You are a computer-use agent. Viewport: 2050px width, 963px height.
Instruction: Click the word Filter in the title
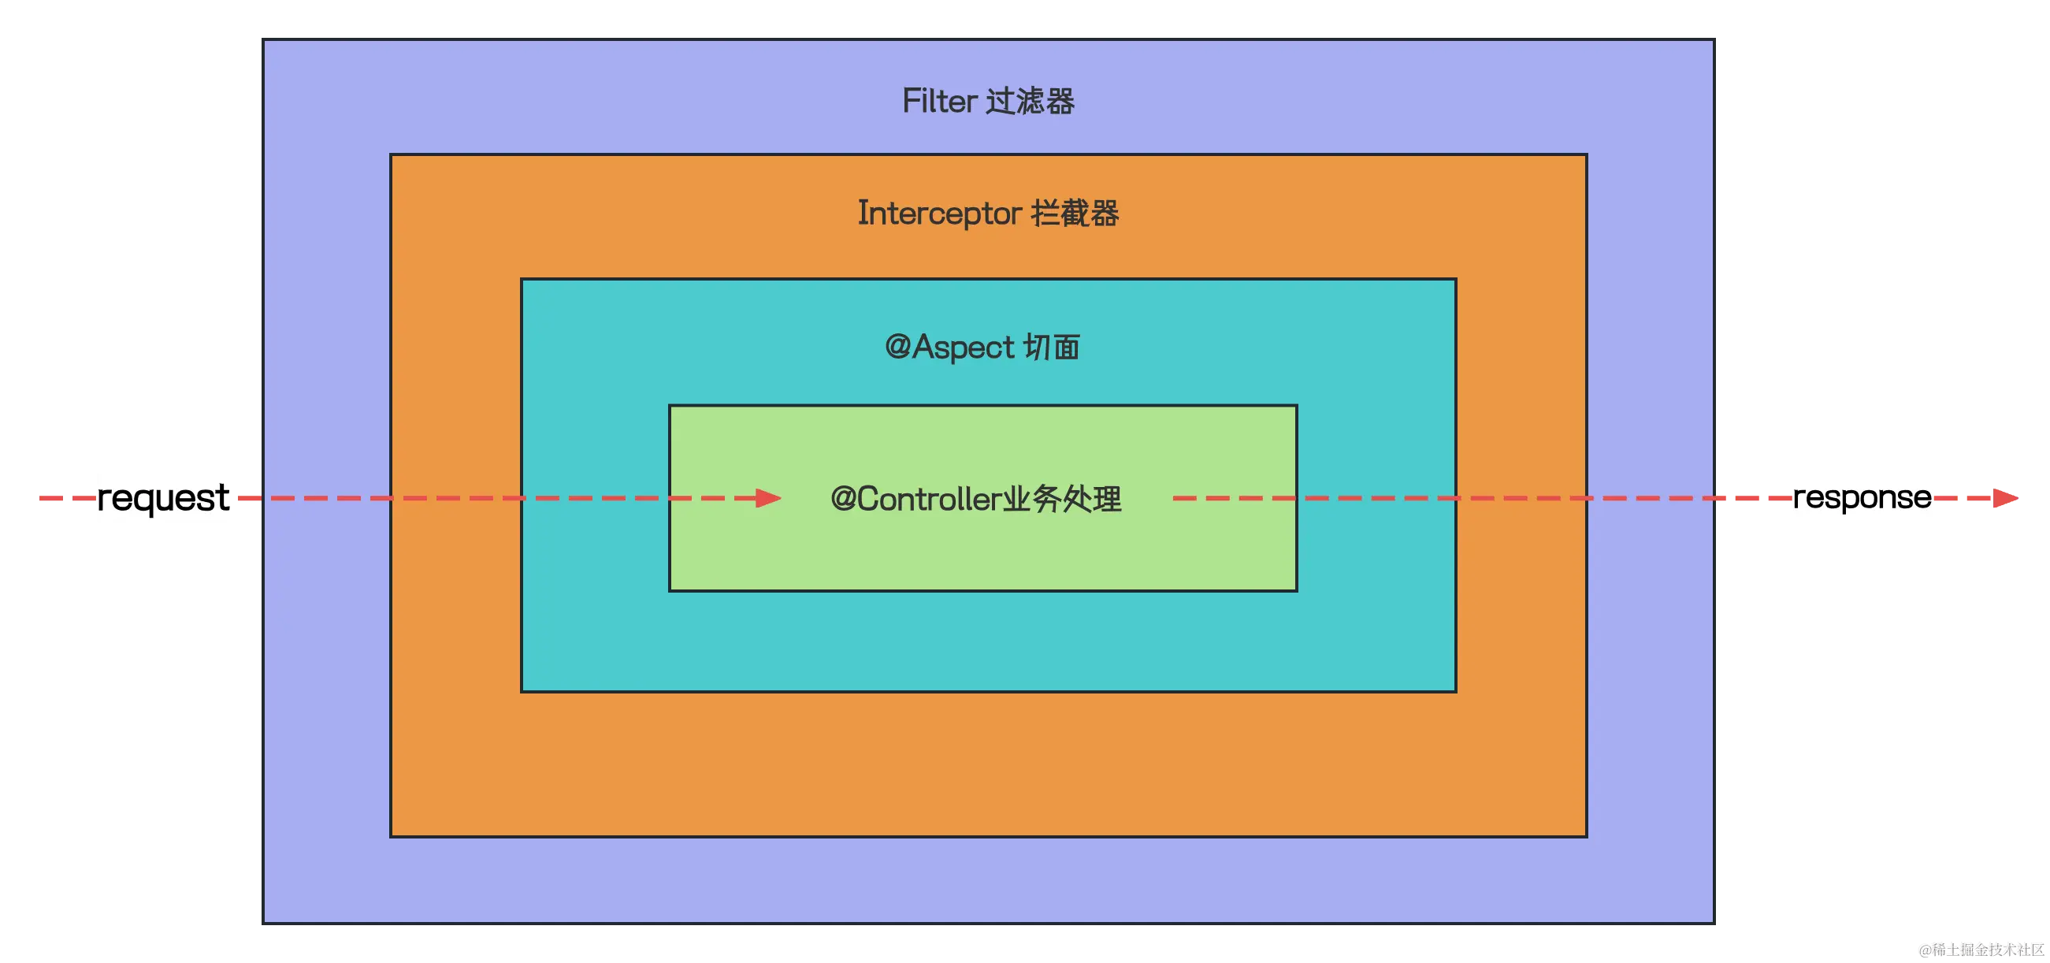pos(940,101)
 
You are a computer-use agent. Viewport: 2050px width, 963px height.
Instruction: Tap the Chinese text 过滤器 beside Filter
pos(1031,101)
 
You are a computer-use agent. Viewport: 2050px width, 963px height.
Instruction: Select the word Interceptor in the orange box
pos(939,214)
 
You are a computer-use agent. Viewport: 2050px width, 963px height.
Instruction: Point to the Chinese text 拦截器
pos(1075,214)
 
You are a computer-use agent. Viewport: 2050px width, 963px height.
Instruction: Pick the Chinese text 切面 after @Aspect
pos(1051,347)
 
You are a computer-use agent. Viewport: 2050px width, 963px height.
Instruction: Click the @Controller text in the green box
pos(915,499)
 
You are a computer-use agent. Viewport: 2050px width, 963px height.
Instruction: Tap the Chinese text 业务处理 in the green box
pos(1062,499)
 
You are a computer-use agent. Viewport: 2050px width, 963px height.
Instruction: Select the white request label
pos(163,498)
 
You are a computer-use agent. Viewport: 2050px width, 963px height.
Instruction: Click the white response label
pos(1862,497)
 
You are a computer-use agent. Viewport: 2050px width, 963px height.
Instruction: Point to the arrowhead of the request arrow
pos(769,498)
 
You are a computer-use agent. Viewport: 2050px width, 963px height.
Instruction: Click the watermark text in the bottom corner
pos(1980,948)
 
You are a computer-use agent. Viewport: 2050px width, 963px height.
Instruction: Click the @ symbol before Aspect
pos(897,346)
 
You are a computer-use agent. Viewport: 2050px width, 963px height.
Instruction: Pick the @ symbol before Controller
pos(844,499)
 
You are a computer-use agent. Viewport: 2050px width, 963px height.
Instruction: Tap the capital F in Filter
pos(911,101)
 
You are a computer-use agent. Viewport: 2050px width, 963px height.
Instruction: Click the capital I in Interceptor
pos(863,213)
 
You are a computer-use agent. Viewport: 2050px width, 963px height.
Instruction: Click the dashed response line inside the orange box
pos(1520,498)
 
